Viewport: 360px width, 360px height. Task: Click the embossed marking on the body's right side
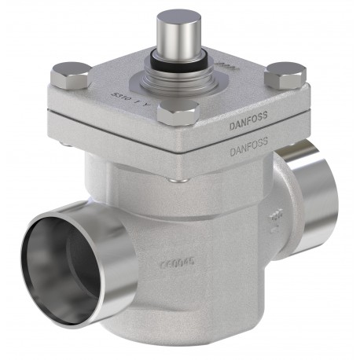[x=275, y=219]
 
